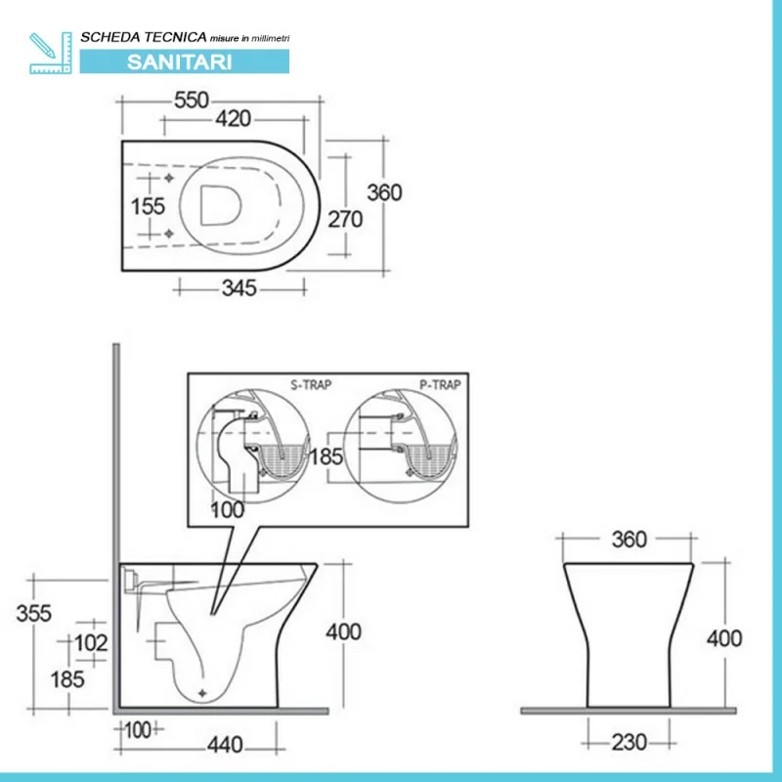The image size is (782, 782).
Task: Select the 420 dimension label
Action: click(234, 119)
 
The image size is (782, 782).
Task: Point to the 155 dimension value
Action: click(148, 207)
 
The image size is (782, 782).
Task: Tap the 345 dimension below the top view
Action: click(239, 287)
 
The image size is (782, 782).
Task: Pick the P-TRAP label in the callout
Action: click(440, 384)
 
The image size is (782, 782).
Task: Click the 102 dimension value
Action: click(90, 642)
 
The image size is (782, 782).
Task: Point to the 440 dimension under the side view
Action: click(225, 744)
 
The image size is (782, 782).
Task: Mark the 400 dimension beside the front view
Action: click(724, 639)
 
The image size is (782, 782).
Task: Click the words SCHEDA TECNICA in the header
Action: click(143, 36)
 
